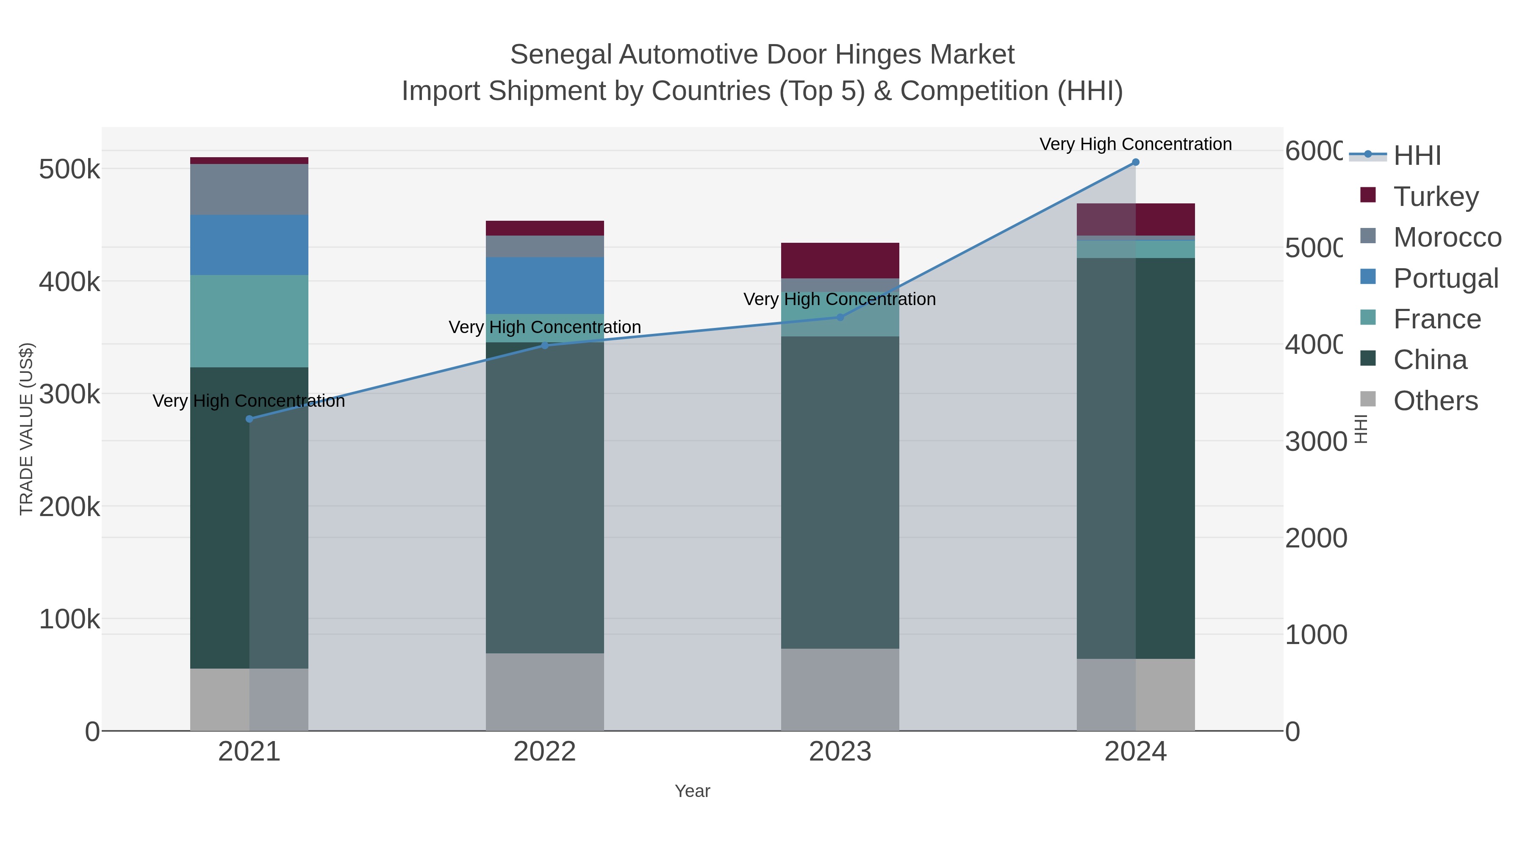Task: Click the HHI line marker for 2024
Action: pyautogui.click(x=1135, y=162)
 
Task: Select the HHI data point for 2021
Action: pyautogui.click(x=249, y=419)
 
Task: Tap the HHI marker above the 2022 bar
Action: pyautogui.click(x=545, y=346)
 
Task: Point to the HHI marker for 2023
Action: pyautogui.click(x=840, y=317)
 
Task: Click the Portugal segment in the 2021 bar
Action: pyautogui.click(x=249, y=245)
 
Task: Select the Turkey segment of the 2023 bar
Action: pyautogui.click(x=840, y=261)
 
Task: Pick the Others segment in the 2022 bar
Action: pyautogui.click(x=545, y=691)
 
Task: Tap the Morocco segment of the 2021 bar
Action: pyautogui.click(x=249, y=189)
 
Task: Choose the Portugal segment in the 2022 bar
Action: pyautogui.click(x=545, y=286)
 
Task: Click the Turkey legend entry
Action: pyautogui.click(x=1435, y=197)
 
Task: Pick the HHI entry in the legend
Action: pyautogui.click(x=1416, y=156)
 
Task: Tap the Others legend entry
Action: pyautogui.click(x=1435, y=401)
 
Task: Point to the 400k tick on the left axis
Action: pyautogui.click(x=69, y=282)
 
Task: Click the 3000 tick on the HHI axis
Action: pyautogui.click(x=1315, y=442)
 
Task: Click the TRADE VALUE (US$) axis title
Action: pyautogui.click(x=27, y=429)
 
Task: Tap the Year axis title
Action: pyautogui.click(x=692, y=791)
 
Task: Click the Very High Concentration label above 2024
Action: pyautogui.click(x=1135, y=144)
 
